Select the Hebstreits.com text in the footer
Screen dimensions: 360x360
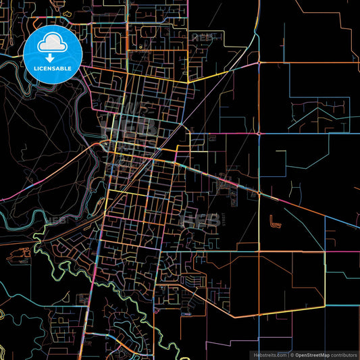coord(269,354)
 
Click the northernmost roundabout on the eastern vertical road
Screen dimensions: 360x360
coord(259,63)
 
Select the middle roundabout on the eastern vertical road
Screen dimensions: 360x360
coord(259,133)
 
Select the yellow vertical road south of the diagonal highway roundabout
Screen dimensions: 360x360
coord(259,223)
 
